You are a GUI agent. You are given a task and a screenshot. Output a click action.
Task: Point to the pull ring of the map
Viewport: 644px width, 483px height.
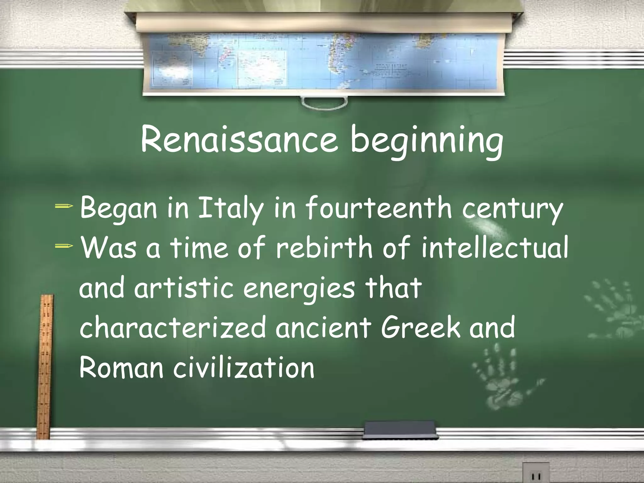coord(324,102)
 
